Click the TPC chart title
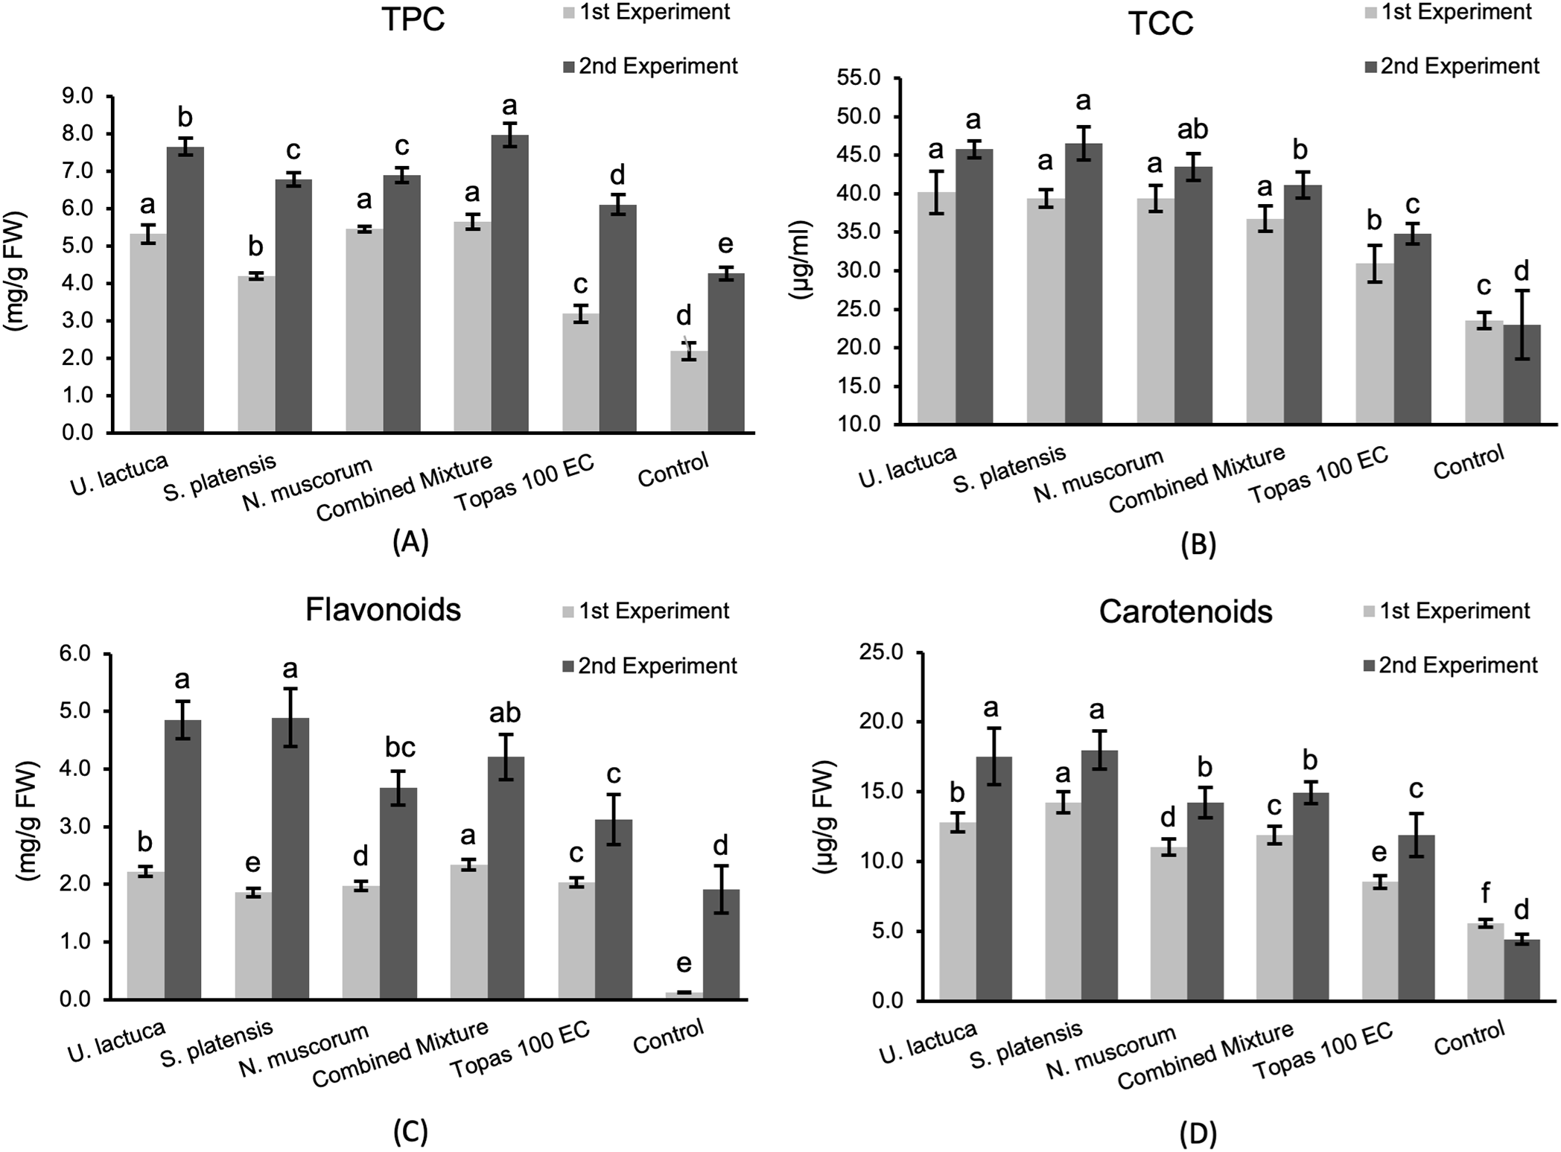(413, 20)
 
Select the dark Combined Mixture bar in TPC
(509, 283)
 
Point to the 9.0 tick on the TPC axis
(77, 96)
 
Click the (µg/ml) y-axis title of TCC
(803, 259)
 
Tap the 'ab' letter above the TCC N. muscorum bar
(1192, 130)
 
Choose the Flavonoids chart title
(383, 610)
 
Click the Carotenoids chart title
(1185, 612)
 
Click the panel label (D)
(1198, 1133)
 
